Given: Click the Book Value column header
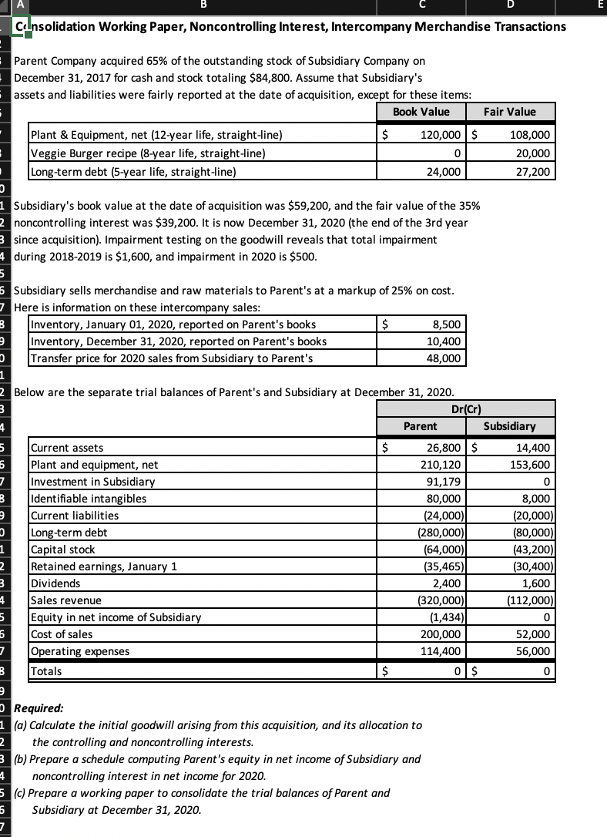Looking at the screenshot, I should (x=421, y=112).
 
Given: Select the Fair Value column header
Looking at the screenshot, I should (x=509, y=112).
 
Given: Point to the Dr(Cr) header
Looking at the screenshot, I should (x=467, y=409).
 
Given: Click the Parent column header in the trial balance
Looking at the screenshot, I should (x=421, y=426).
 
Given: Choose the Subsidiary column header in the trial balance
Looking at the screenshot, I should (x=509, y=426).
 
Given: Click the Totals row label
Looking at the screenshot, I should (x=47, y=671).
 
